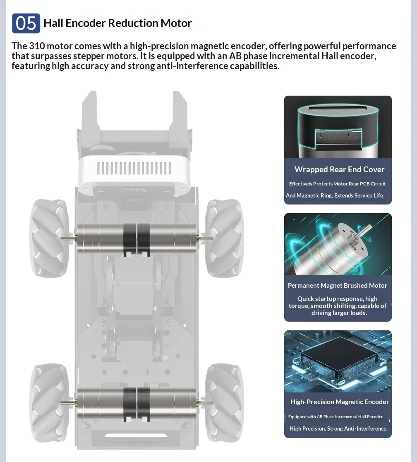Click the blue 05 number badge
point(26,23)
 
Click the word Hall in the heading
point(53,23)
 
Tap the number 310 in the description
point(37,46)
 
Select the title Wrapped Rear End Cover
point(339,169)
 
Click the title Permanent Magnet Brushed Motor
point(338,286)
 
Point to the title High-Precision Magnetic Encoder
point(340,402)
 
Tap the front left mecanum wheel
point(50,238)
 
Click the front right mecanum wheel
point(224,238)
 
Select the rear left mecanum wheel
point(50,403)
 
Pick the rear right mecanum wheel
point(224,403)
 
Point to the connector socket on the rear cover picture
point(339,139)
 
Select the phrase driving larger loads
point(339,313)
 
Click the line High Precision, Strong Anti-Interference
point(338,429)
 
